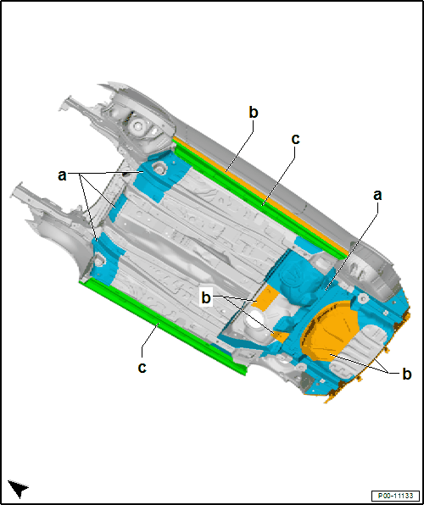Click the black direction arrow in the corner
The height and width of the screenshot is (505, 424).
pos(18,489)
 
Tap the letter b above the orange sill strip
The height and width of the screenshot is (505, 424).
pos(254,113)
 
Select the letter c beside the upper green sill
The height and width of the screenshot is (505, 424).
pos(295,140)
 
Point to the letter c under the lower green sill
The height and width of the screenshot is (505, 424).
pos(142,368)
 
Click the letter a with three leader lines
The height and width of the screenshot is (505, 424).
pos(62,176)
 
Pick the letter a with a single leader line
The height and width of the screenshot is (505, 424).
pos(377,195)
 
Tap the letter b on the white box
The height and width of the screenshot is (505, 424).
pos(206,298)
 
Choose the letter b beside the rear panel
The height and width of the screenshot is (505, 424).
pos(406,374)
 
